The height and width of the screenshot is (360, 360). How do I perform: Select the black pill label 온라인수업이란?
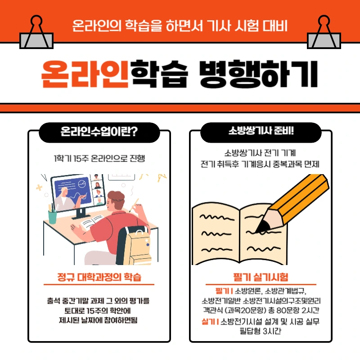click(x=99, y=132)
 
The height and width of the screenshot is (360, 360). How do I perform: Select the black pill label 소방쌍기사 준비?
click(x=261, y=132)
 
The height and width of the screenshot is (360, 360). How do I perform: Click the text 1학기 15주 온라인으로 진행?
click(x=99, y=158)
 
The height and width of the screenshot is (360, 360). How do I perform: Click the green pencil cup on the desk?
click(x=53, y=216)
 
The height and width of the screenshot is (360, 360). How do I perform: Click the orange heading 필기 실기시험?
click(x=261, y=276)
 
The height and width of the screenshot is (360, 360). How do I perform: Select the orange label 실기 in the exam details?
click(x=209, y=322)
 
